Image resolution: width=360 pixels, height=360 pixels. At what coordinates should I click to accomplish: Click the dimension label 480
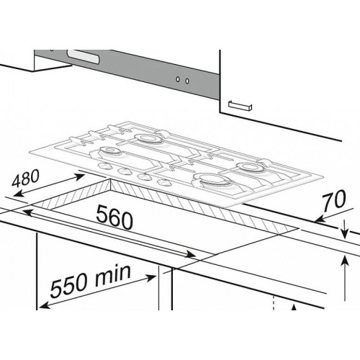coord(25,179)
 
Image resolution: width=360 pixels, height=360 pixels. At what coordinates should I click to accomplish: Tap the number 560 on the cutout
coord(114,217)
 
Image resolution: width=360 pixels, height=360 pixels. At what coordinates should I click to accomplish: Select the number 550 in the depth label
coord(68,286)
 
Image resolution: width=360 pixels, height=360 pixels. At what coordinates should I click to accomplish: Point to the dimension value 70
coord(333,201)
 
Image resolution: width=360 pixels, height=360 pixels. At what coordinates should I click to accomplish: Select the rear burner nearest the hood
coord(146,138)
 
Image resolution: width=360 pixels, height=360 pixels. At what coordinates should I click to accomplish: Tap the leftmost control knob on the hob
coord(104,166)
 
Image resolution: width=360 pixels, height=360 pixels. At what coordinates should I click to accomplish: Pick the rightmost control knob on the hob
coord(163,182)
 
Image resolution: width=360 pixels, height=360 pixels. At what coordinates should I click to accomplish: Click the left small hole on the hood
coord(178,79)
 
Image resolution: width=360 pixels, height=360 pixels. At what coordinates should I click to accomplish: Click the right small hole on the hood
coord(187,81)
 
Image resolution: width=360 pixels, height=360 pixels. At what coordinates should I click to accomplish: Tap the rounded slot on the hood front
coord(83,57)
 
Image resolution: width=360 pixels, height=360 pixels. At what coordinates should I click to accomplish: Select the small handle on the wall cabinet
coord(240,105)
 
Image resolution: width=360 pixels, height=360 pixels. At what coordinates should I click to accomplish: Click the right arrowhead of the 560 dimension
coord(191,255)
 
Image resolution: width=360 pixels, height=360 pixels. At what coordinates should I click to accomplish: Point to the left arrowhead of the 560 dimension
coord(28,212)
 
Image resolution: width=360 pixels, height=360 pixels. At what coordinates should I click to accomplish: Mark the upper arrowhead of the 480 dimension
coord(81,176)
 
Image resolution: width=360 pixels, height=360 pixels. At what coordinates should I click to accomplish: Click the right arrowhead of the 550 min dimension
coord(150,278)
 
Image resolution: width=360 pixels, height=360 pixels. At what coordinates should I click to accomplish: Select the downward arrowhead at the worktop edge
coord(344,233)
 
